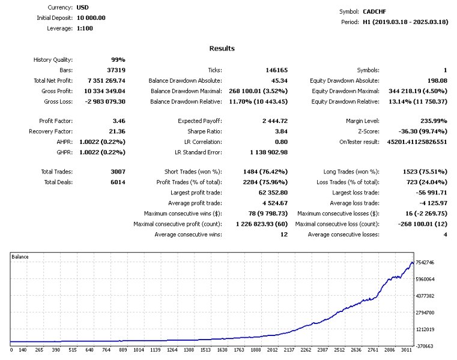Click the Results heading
pos(222,49)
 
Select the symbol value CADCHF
pos(374,11)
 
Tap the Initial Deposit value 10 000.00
pos(91,18)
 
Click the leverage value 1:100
pos(85,28)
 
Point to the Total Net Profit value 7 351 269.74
pos(106,80)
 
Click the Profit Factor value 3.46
pos(119,121)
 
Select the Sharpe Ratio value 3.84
pos(281,131)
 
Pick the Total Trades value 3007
pos(118,172)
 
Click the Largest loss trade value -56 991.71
pos(431,193)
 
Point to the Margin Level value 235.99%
pos(434,121)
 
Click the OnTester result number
pos(417,142)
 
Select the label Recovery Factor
pos(50,131)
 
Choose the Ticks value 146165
pos(277,70)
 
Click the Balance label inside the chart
pos(20,257)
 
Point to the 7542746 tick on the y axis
pos(425,262)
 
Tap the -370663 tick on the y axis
pos(425,346)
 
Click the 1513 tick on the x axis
pos(205,350)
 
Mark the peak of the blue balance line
pos(412,262)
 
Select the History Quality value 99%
pos(118,60)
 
